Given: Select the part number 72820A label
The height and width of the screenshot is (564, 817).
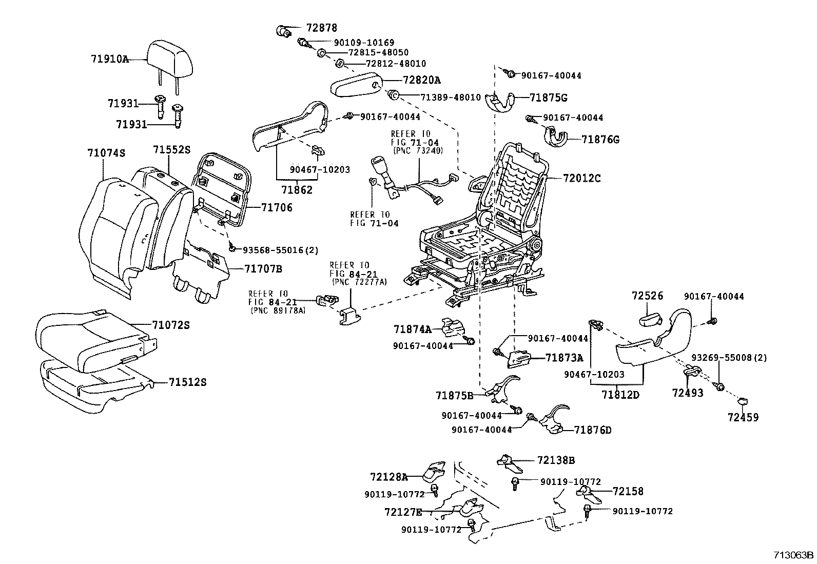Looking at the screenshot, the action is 422,80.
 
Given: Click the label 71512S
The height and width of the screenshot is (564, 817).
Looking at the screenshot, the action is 187,382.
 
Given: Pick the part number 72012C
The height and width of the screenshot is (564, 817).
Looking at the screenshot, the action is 582,179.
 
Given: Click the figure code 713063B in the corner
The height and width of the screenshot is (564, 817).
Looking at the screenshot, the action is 794,555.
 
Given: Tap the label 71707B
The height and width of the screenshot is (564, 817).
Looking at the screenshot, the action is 263,269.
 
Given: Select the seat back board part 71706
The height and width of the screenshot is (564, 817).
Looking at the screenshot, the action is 223,190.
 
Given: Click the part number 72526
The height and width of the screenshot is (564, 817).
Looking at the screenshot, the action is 648,296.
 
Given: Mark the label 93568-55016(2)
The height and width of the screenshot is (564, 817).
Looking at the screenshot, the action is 281,250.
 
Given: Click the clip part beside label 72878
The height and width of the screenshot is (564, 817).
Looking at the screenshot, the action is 283,31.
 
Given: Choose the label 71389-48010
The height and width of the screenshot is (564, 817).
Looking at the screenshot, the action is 451,98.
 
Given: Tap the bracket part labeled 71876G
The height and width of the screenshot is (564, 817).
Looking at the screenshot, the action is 557,137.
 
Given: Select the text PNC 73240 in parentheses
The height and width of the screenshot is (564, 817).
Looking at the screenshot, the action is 418,150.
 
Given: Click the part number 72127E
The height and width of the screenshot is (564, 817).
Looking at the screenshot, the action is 403,513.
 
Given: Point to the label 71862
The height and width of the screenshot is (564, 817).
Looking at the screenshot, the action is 297,190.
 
